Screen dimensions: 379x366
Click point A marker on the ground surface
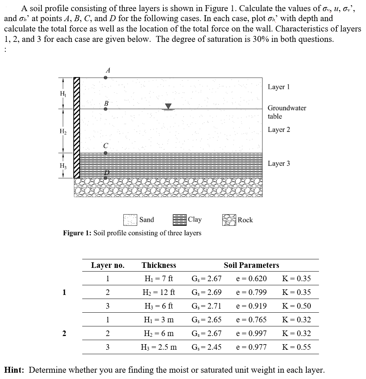106,78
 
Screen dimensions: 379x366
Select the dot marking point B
106,109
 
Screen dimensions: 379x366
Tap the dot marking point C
106,153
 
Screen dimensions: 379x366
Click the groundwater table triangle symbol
169,106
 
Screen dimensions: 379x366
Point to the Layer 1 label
279,87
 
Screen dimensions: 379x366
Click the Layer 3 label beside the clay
279,163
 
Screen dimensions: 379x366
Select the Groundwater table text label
287,112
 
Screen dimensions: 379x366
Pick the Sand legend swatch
130,220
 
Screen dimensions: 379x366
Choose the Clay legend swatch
179,220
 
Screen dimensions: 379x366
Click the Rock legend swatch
229,220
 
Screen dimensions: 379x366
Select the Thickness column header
159,265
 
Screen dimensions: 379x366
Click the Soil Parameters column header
251,265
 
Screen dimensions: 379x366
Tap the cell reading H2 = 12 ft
159,292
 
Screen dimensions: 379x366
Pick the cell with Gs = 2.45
206,347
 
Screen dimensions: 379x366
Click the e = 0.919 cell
251,306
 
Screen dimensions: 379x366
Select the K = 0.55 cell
296,347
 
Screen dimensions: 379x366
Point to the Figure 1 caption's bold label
77,233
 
